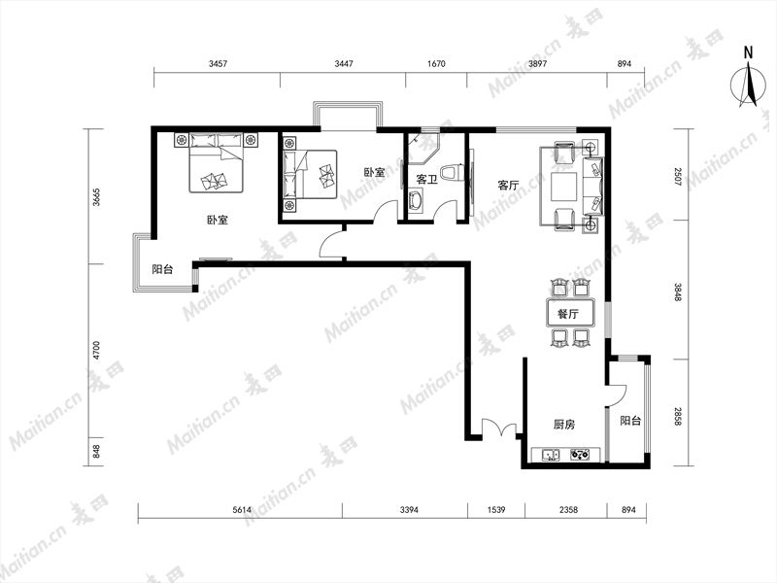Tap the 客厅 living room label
point(508,186)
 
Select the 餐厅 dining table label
point(568,314)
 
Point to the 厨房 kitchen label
point(564,425)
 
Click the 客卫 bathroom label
point(426,179)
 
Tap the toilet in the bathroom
point(453,173)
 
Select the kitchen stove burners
point(580,454)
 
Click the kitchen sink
point(551,454)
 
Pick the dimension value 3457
point(218,63)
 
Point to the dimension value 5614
point(242,509)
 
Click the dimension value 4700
point(96,350)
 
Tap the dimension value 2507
point(678,177)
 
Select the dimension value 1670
point(435,63)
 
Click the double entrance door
point(499,428)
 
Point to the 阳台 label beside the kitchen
point(630,421)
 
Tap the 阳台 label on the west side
point(162,269)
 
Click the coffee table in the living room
point(564,186)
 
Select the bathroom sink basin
point(416,202)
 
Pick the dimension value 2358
point(568,509)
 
